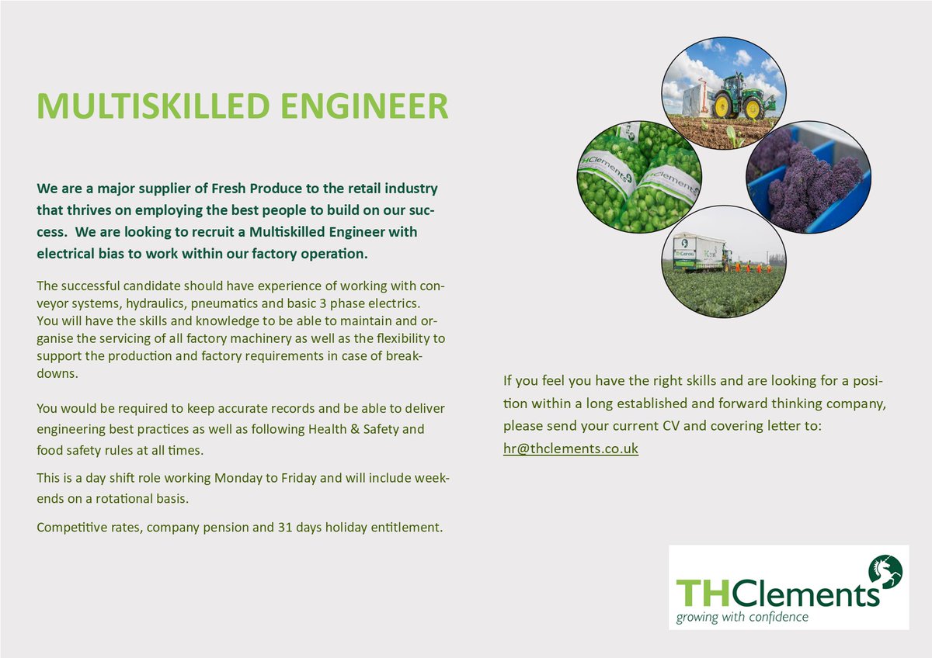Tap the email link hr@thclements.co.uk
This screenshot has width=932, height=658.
click(x=571, y=448)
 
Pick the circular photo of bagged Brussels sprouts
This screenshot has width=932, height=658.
click(x=639, y=177)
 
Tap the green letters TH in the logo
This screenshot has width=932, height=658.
click(x=698, y=593)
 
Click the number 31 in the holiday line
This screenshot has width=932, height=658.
click(x=285, y=528)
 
